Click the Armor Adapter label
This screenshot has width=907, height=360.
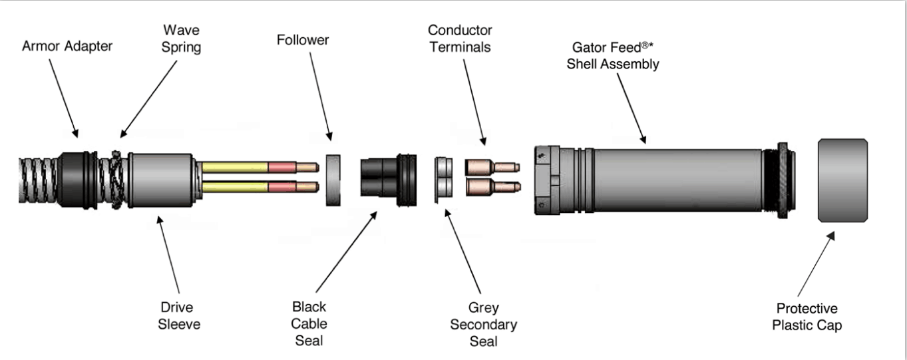[67, 47]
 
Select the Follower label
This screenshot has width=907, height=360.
[303, 41]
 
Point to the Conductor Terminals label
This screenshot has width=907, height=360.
[460, 39]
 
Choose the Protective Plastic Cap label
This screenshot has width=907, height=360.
[807, 317]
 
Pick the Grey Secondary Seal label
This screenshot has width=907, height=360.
[483, 325]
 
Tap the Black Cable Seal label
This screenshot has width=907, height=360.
[309, 324]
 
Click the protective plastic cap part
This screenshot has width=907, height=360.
[842, 180]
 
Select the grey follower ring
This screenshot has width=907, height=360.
[334, 180]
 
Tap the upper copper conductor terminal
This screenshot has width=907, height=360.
[490, 167]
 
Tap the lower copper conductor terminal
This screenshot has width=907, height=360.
[490, 187]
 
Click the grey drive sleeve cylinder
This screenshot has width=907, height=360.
[160, 180]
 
